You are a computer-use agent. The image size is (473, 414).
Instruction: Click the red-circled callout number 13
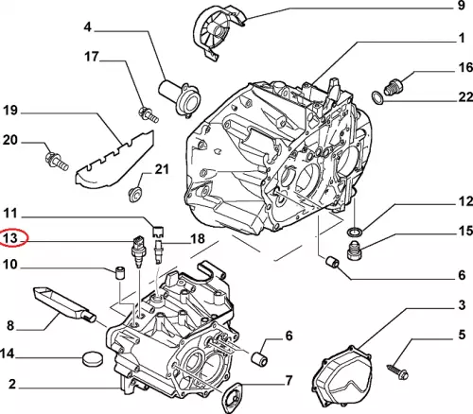click(10, 237)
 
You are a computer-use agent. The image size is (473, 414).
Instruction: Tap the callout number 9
click(462, 6)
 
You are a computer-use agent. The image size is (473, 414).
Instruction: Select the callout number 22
click(465, 97)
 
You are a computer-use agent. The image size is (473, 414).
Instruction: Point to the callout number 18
click(198, 239)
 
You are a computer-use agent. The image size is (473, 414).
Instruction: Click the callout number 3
click(462, 304)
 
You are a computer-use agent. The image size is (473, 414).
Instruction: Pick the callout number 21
click(162, 169)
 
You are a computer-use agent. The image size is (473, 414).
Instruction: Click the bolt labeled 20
click(57, 160)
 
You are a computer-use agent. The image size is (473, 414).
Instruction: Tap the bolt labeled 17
click(149, 114)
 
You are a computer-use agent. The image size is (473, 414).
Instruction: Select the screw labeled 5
click(398, 371)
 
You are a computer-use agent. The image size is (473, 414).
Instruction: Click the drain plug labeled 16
click(394, 86)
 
